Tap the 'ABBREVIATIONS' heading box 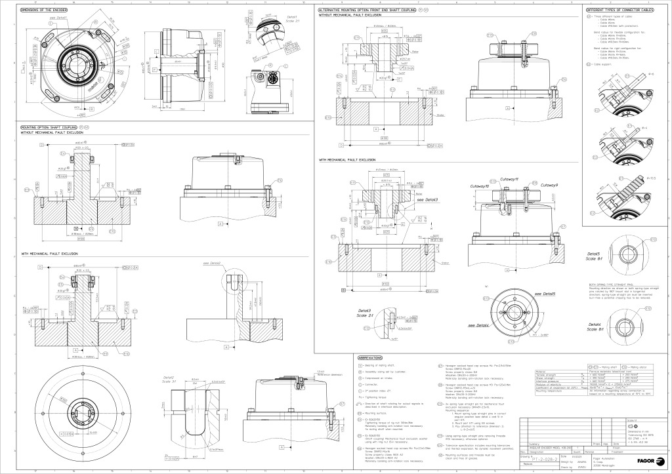click(x=375, y=357)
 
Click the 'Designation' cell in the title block click(x=541, y=452)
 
